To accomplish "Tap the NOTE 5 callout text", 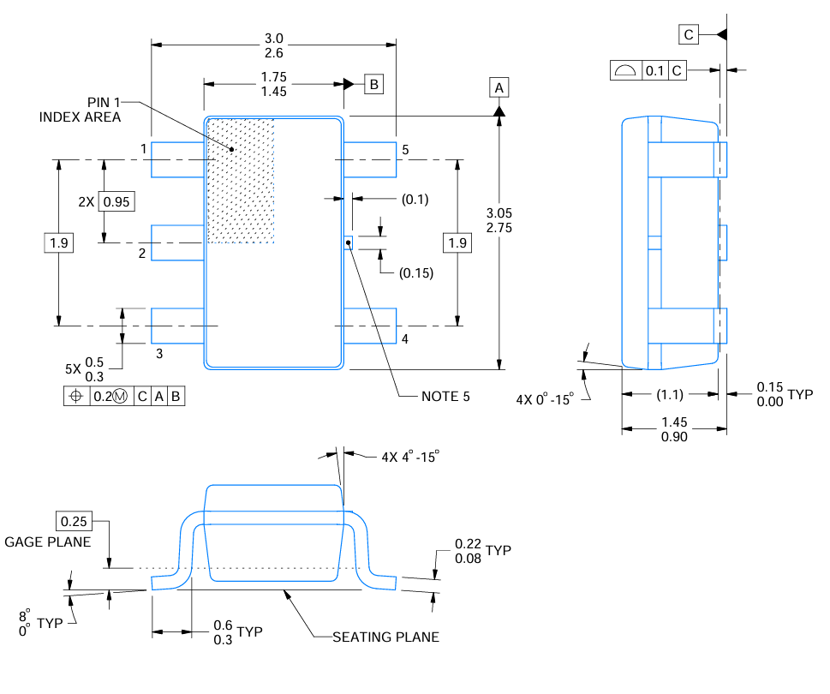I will tap(445, 397).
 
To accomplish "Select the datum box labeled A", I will tap(499, 87).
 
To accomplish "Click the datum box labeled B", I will tap(373, 84).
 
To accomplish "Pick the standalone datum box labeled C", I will tap(689, 34).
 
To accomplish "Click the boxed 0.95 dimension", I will tap(117, 202).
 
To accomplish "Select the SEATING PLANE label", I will tap(385, 637).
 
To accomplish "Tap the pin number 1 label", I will tap(144, 149).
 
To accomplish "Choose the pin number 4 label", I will tap(404, 339).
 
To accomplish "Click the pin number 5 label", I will tap(404, 149).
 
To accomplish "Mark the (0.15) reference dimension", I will tap(416, 273).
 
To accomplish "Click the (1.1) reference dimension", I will tap(670, 395).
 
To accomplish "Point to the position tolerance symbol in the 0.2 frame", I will tap(75, 397).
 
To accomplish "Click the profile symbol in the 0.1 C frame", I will tap(625, 71).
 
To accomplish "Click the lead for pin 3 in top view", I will tap(177, 326).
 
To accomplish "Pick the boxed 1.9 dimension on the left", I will tap(58, 243).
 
